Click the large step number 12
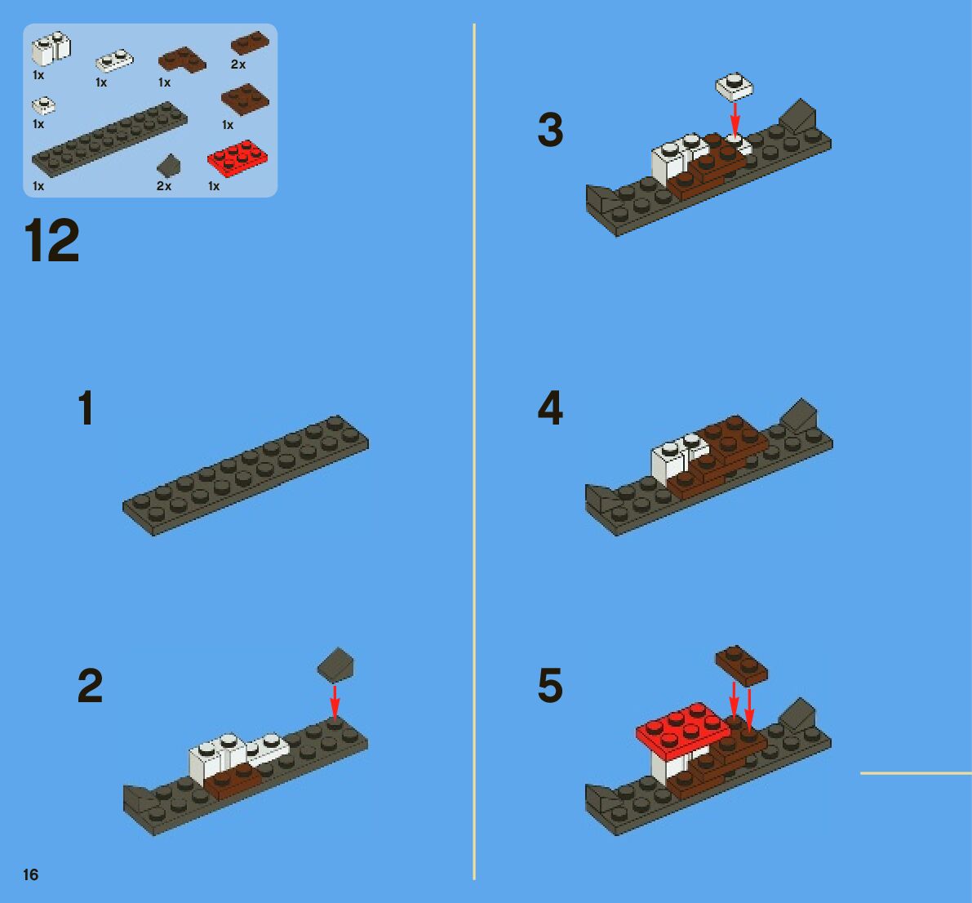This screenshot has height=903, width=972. (x=52, y=240)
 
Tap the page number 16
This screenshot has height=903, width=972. (x=30, y=874)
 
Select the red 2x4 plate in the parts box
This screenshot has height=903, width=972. (x=237, y=158)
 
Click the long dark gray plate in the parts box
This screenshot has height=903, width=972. (x=109, y=140)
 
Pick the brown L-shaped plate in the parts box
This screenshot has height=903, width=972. (x=182, y=60)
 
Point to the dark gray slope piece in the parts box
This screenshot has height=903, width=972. (x=169, y=166)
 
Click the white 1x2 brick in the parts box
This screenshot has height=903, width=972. (x=51, y=49)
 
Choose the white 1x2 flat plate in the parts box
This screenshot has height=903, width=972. (x=114, y=60)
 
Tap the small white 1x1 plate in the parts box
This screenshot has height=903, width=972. (x=43, y=105)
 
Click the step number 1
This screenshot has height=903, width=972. (x=87, y=407)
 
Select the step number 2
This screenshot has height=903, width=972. (x=90, y=685)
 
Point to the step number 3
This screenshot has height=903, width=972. (x=550, y=131)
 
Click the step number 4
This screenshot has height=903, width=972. (x=550, y=407)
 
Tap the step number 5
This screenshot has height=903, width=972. (x=550, y=685)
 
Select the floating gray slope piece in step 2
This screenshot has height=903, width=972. (x=335, y=665)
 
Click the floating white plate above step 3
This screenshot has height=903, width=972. (x=735, y=87)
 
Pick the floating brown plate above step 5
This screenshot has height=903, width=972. (x=741, y=665)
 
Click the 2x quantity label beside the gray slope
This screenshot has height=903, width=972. (x=164, y=186)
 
